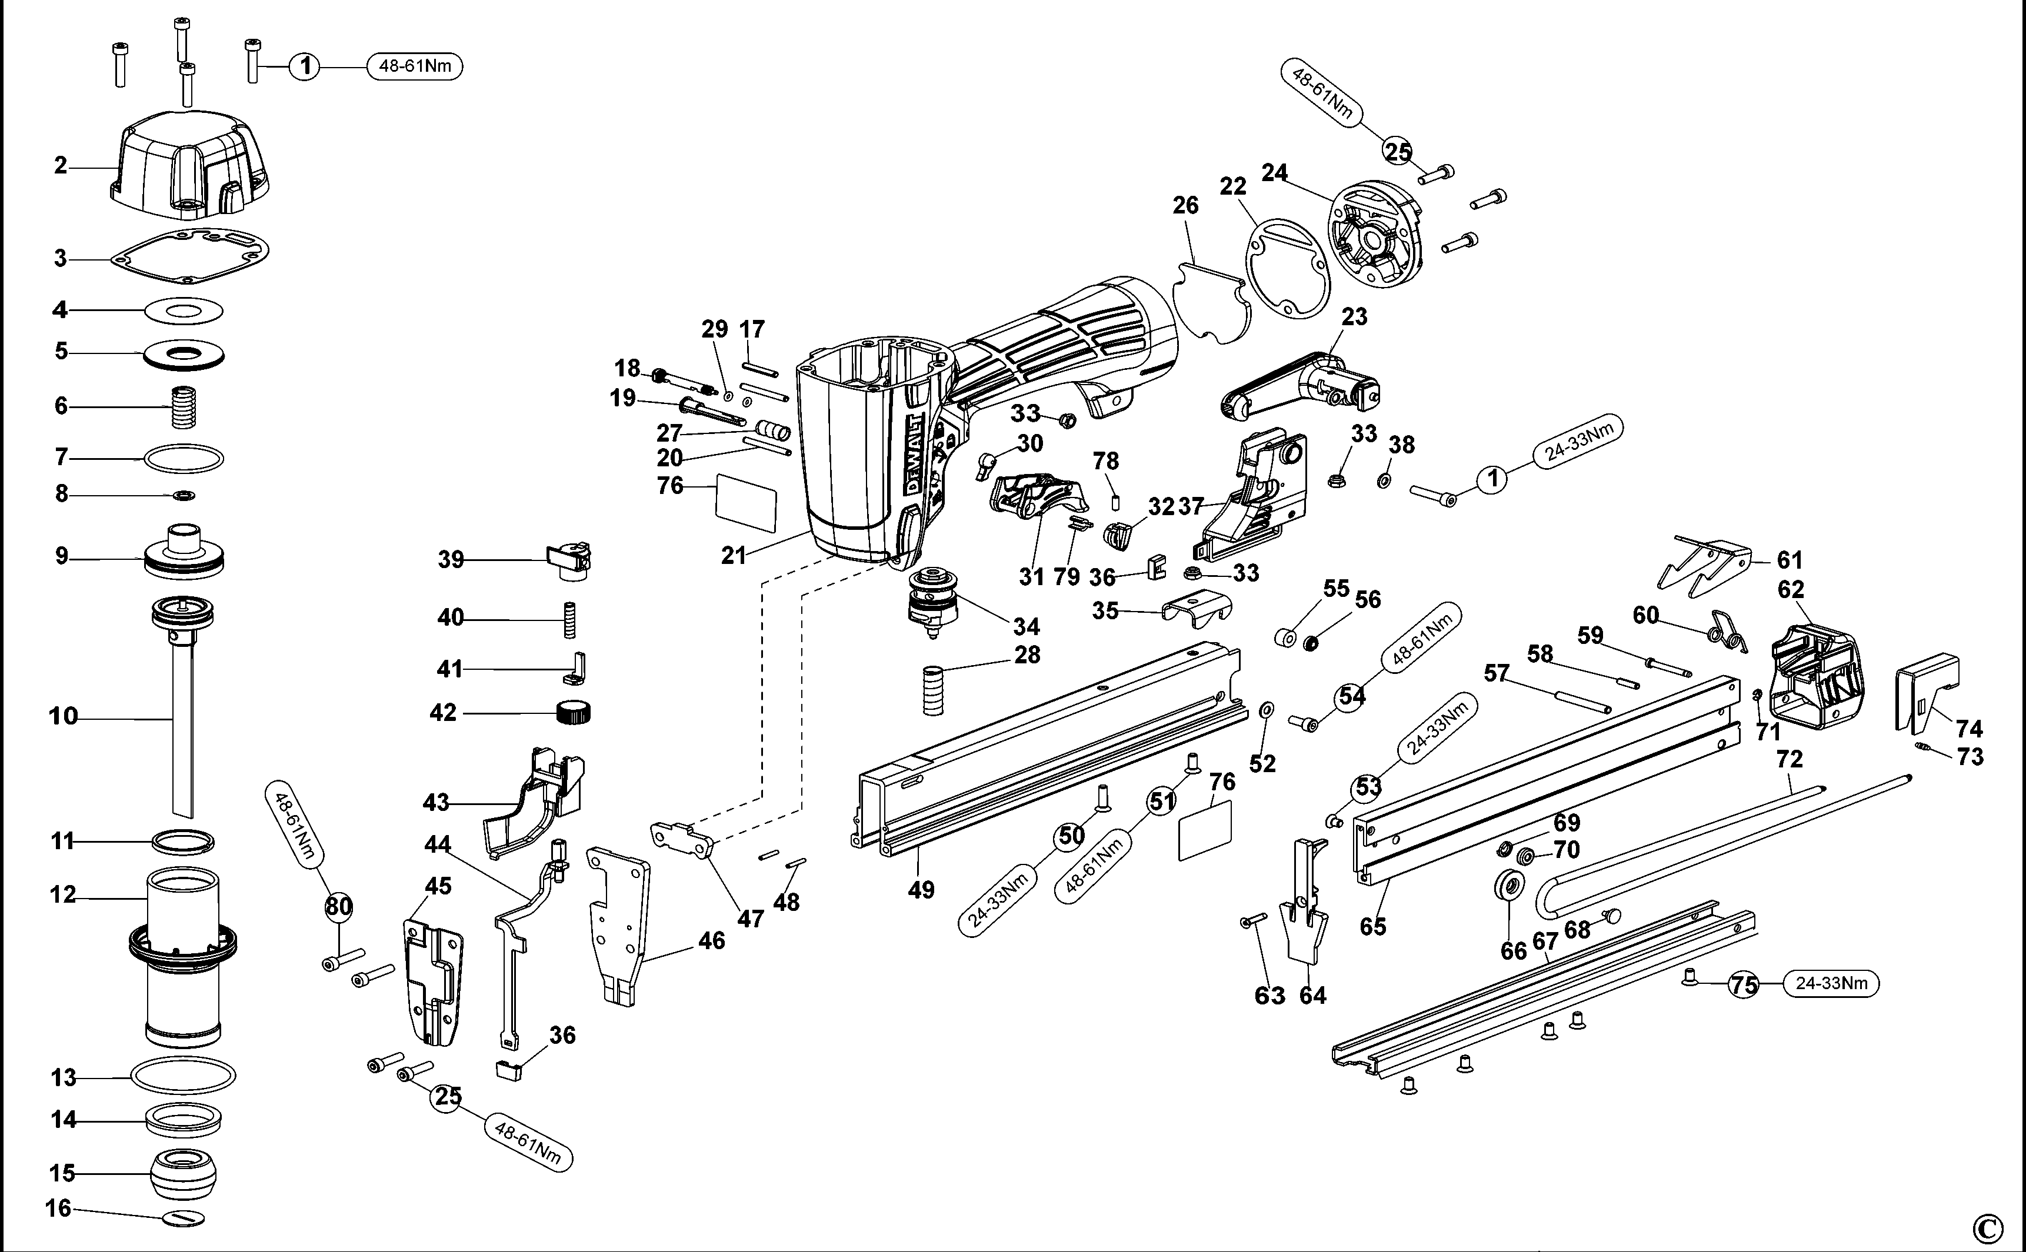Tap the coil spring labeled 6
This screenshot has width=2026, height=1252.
185,406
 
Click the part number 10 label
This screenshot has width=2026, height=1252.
63,716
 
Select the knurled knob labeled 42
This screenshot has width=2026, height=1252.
574,712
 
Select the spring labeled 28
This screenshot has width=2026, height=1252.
934,689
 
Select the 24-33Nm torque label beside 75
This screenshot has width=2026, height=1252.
1831,984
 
